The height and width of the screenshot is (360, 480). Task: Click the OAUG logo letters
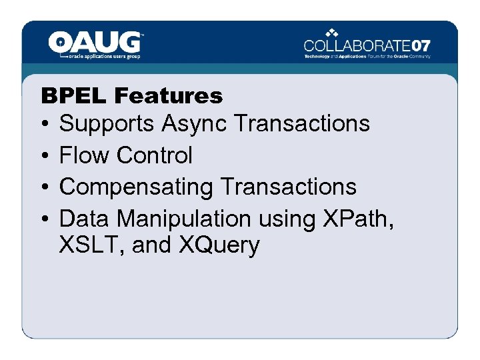click(95, 43)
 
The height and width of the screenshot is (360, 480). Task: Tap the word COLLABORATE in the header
click(357, 46)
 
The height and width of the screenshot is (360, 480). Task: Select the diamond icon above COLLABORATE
click(331, 33)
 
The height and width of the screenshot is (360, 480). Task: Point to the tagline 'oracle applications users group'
click(105, 57)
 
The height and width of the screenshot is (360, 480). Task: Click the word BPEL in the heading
click(74, 96)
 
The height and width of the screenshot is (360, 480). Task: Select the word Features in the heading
click(168, 96)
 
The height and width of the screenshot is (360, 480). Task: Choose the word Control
click(154, 155)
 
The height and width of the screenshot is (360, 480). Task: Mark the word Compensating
click(136, 187)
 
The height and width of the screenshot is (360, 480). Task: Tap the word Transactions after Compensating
click(289, 187)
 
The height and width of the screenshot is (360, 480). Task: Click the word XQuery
click(219, 246)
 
